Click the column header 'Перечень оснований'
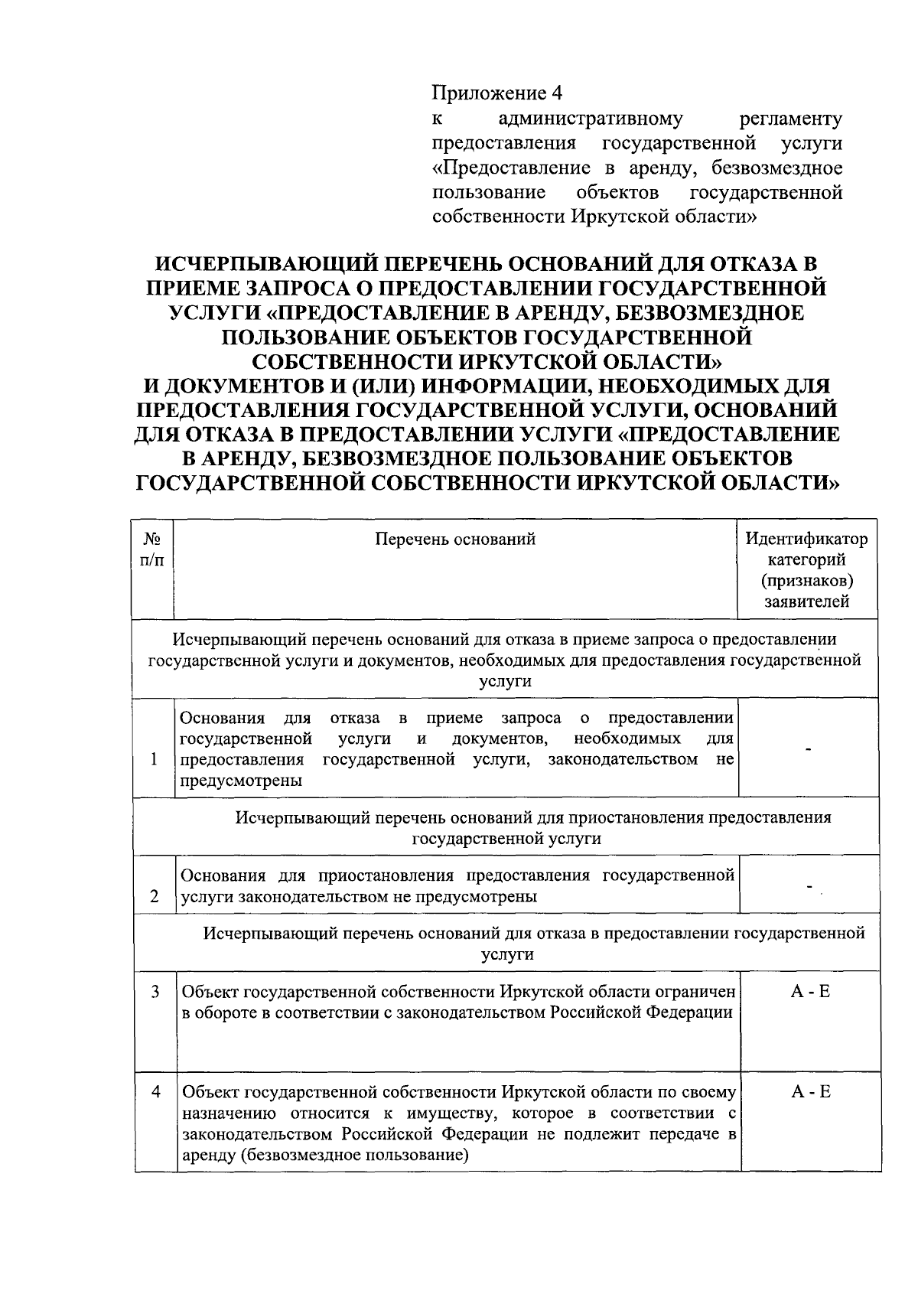coord(455,539)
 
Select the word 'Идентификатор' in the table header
coord(807,539)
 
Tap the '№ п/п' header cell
coord(153,549)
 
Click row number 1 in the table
coord(155,759)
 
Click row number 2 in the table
coord(155,896)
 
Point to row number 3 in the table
coord(155,992)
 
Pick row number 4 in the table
coord(155,1092)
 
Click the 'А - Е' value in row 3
coord(810,992)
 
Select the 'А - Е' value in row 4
coord(810,1092)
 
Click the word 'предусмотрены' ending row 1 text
coord(240,781)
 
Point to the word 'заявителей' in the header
coord(807,601)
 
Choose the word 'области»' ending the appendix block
coord(720,216)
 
